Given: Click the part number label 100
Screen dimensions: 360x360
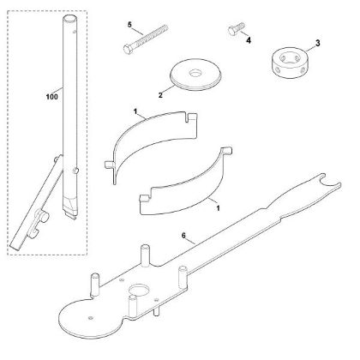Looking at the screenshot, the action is click(x=51, y=97).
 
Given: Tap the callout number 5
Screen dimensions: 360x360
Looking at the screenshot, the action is click(x=129, y=25).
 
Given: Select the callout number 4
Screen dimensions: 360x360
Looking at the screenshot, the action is click(x=249, y=40).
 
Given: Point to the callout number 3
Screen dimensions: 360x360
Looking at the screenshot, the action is click(x=318, y=44).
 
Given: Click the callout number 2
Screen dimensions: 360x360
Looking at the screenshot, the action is click(x=160, y=95).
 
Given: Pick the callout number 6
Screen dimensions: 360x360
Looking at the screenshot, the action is click(x=183, y=236).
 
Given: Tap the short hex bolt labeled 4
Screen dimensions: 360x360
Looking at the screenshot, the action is click(x=237, y=28).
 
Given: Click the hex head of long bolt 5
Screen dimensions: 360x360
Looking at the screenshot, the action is click(x=128, y=49).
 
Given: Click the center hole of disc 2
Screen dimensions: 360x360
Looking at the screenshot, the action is click(x=195, y=73).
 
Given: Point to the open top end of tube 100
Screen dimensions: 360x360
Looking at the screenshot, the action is click(x=69, y=19).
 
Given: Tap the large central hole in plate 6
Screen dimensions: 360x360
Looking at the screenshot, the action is click(x=139, y=290).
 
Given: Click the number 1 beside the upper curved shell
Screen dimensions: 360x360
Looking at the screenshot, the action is click(x=135, y=111).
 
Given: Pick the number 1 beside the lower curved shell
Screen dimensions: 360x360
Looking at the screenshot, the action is click(x=218, y=208).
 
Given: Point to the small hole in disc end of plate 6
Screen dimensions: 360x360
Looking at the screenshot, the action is click(x=91, y=317).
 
